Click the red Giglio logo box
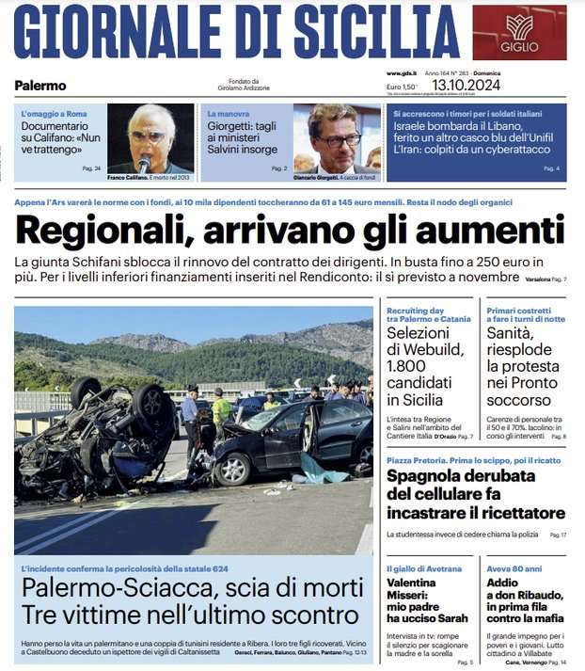[x=519, y=32]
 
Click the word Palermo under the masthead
[x=40, y=86]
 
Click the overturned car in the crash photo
[x=94, y=438]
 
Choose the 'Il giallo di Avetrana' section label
[x=424, y=569]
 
